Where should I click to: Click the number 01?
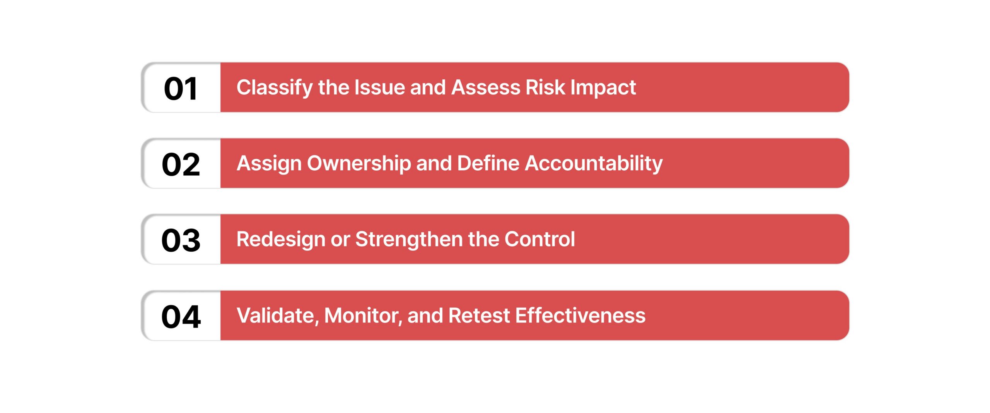click(x=181, y=89)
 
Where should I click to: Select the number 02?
click(x=181, y=165)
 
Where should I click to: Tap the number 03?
click(x=181, y=240)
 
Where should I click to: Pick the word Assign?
click(x=269, y=164)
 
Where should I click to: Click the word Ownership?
click(x=359, y=164)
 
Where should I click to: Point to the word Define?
click(x=488, y=163)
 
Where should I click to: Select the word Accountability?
click(x=594, y=164)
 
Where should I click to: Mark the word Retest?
click(x=479, y=315)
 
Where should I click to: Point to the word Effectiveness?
click(x=580, y=315)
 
